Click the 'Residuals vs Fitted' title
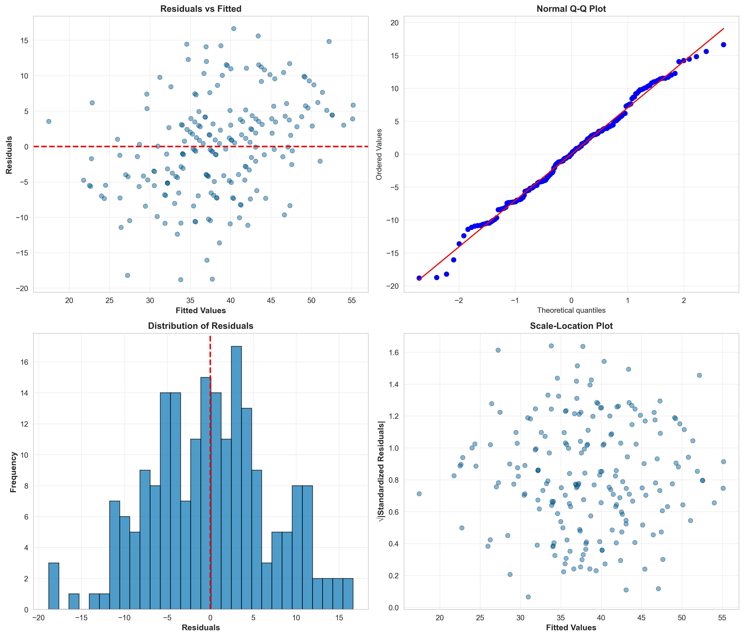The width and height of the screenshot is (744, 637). [201, 9]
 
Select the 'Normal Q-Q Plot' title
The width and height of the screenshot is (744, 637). [571, 9]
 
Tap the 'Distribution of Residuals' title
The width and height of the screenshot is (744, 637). [201, 326]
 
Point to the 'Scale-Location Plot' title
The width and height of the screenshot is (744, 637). [571, 326]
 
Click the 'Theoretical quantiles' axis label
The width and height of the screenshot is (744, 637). [571, 310]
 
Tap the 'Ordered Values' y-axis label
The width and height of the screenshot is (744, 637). [379, 154]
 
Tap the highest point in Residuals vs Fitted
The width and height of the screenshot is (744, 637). [233, 29]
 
